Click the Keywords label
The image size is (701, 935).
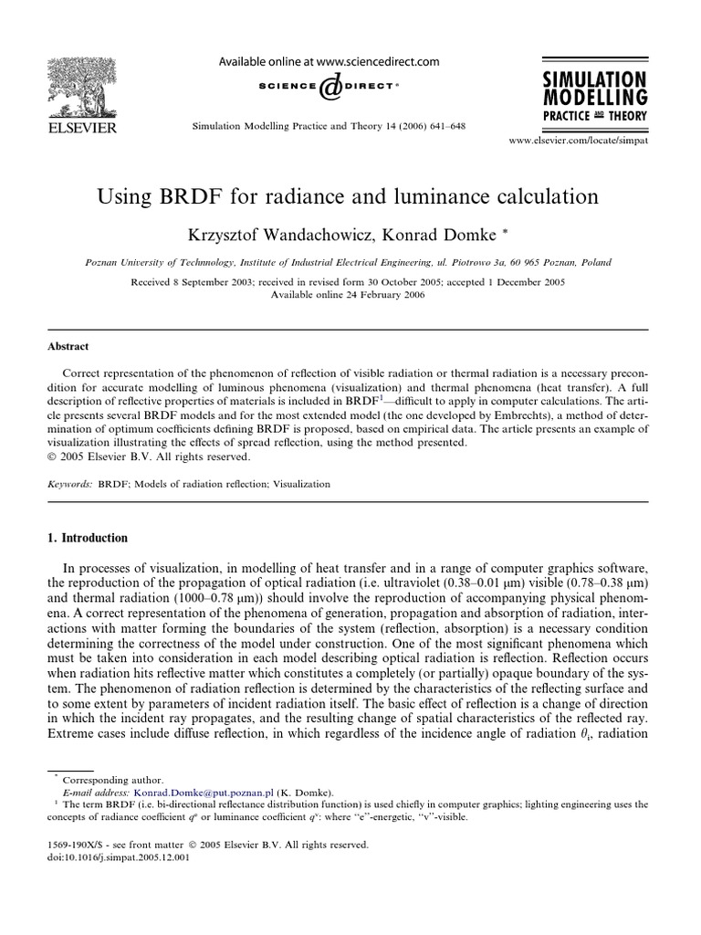(68, 484)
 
